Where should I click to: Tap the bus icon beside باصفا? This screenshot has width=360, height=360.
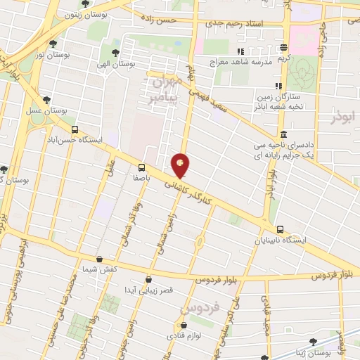tap(142, 167)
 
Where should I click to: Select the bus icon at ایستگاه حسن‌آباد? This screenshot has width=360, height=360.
tap(75, 129)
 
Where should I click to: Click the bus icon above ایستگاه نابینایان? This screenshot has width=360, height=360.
tap(281, 229)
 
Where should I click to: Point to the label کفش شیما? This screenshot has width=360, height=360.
tap(99, 269)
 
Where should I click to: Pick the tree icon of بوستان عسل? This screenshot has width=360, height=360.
tap(47, 101)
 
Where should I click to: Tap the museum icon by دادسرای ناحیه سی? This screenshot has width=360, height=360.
tap(283, 135)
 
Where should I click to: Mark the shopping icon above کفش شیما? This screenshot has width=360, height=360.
tap(99, 259)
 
